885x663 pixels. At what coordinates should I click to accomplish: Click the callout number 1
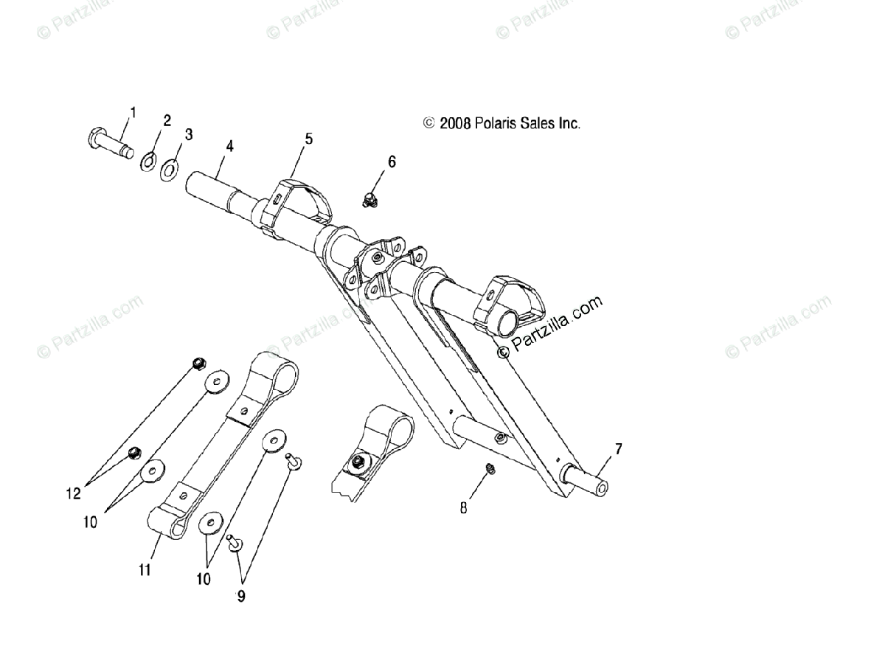point(133,112)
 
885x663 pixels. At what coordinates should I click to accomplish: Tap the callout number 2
point(167,121)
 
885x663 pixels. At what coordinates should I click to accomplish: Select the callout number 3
point(189,134)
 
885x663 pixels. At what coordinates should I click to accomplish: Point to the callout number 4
point(230,146)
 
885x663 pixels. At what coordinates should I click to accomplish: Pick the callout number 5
point(308,138)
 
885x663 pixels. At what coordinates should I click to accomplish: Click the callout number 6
point(392,162)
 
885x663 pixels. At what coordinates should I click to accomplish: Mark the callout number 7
point(618,448)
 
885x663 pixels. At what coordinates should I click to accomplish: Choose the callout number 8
point(464,507)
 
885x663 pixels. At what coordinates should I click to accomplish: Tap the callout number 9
point(240,596)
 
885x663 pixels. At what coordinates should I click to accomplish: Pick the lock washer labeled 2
point(148,161)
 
